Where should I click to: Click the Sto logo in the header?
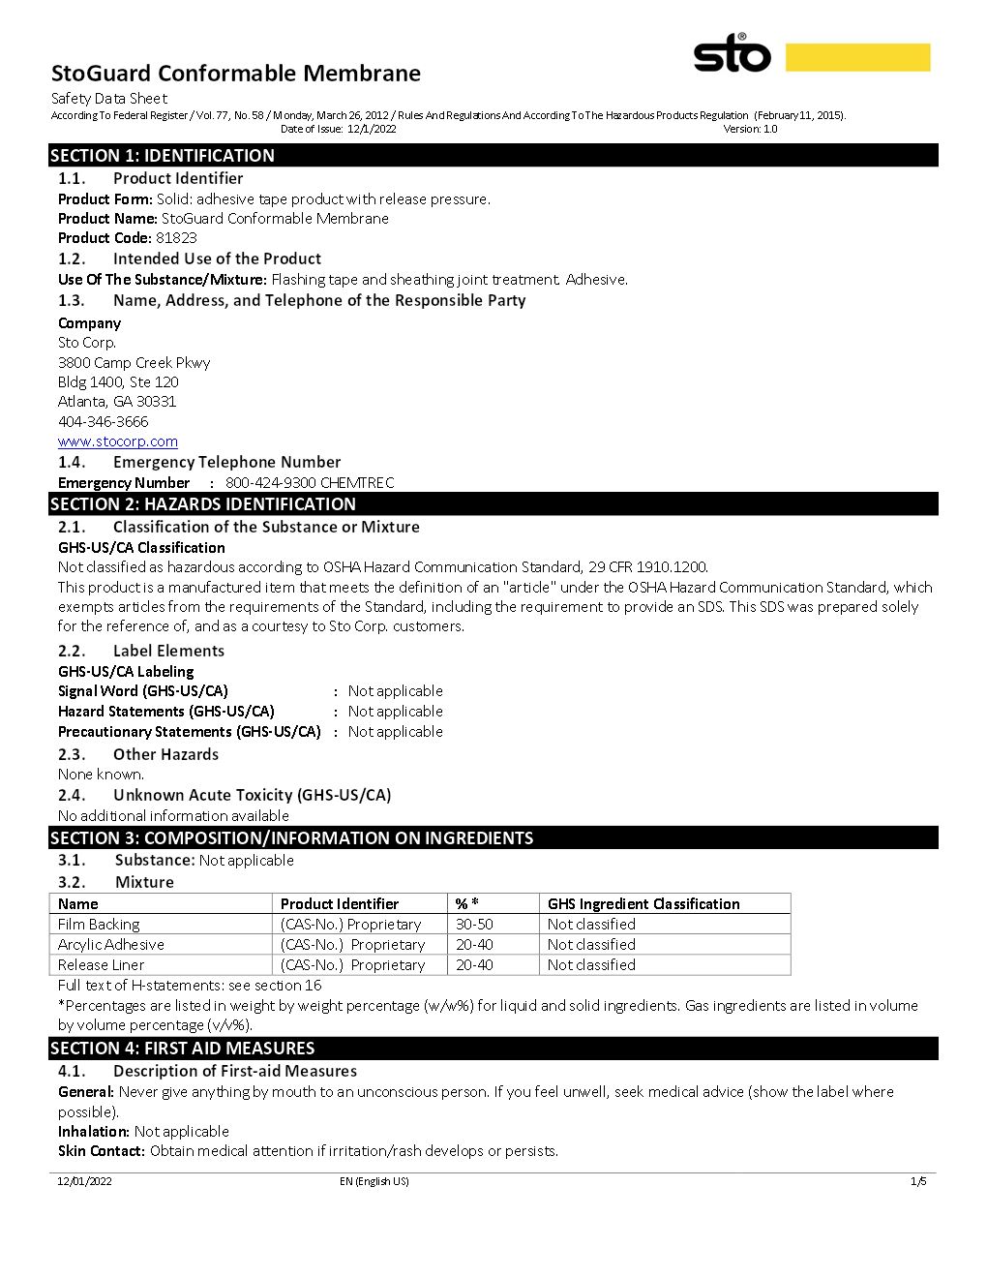pyautogui.click(x=732, y=53)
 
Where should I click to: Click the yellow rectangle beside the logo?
pyautogui.click(x=857, y=57)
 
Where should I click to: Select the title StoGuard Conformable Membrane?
pyautogui.click(x=235, y=74)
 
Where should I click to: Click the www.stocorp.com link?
pyautogui.click(x=117, y=441)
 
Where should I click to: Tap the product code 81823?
pyautogui.click(x=176, y=238)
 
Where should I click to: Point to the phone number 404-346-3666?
pyautogui.click(x=104, y=421)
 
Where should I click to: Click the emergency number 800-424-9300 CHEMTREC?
pyautogui.click(x=310, y=482)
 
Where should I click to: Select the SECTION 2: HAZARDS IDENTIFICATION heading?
pyautogui.click(x=203, y=504)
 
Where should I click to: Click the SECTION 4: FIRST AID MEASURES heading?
pyautogui.click(x=183, y=1049)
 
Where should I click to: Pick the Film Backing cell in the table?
pyautogui.click(x=99, y=925)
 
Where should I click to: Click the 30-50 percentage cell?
pyautogui.click(x=474, y=925)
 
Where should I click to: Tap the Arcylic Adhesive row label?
pyautogui.click(x=111, y=945)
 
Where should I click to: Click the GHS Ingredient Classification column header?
pyautogui.click(x=643, y=904)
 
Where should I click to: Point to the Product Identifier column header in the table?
pyautogui.click(x=340, y=904)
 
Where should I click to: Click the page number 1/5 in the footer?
pyautogui.click(x=918, y=1181)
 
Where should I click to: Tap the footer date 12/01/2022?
pyautogui.click(x=84, y=1181)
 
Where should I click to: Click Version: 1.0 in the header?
pyautogui.click(x=750, y=129)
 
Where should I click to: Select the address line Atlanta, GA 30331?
pyautogui.click(x=117, y=402)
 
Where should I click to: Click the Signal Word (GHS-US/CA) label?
pyautogui.click(x=143, y=691)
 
